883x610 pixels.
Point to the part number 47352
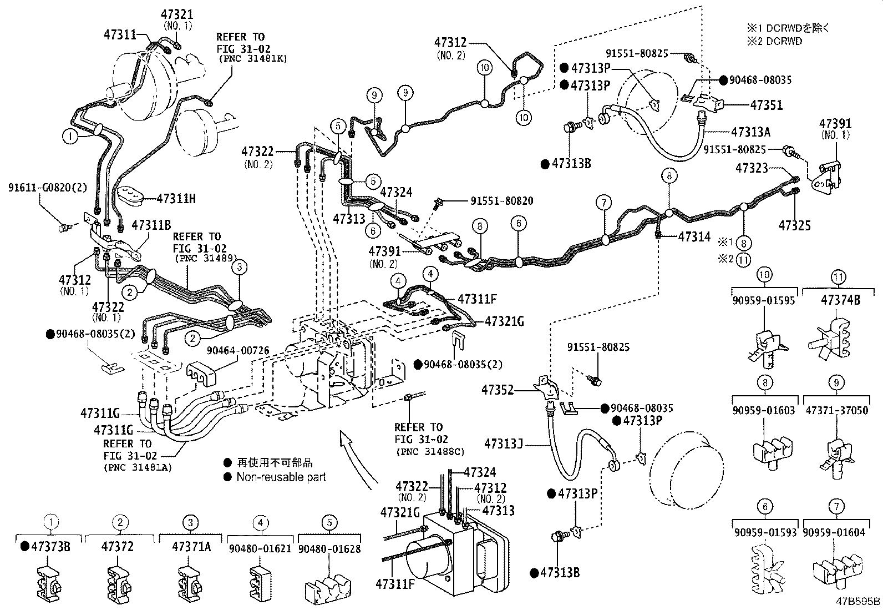[x=498, y=390]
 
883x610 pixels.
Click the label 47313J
[x=504, y=443]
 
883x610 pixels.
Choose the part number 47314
[x=694, y=237]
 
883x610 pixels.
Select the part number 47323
[x=752, y=168]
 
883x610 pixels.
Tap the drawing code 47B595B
[x=858, y=601]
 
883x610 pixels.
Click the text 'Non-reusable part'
[x=281, y=477]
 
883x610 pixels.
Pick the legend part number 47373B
[x=50, y=546]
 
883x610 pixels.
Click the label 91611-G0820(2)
[x=48, y=188]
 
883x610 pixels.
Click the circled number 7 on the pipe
[x=603, y=203]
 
